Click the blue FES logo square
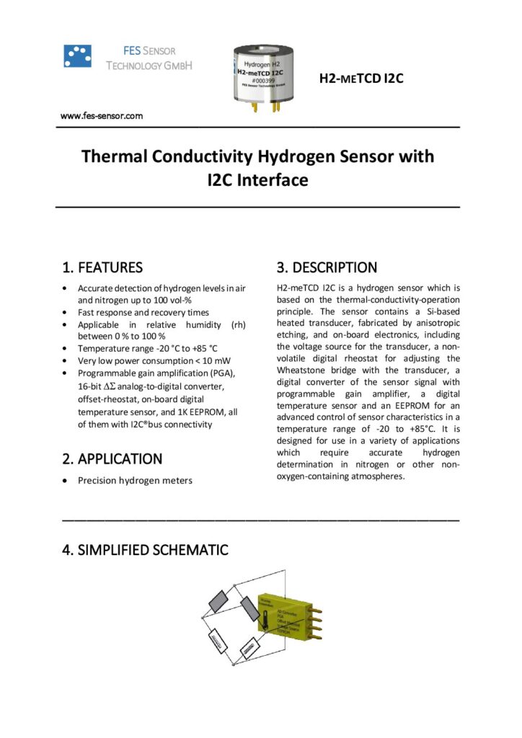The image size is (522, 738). click(x=78, y=56)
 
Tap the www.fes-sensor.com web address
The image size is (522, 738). click(x=101, y=115)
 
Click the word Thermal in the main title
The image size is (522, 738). click(x=115, y=156)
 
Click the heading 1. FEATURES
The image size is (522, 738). click(x=102, y=267)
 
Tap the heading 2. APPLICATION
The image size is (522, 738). click(x=112, y=459)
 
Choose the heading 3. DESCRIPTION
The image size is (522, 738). click(x=327, y=267)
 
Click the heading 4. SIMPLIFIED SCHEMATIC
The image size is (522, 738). click(x=146, y=550)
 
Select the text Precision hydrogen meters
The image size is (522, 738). click(x=135, y=481)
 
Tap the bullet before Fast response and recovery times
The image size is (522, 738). click(x=67, y=313)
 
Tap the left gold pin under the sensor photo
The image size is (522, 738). click(x=255, y=107)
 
